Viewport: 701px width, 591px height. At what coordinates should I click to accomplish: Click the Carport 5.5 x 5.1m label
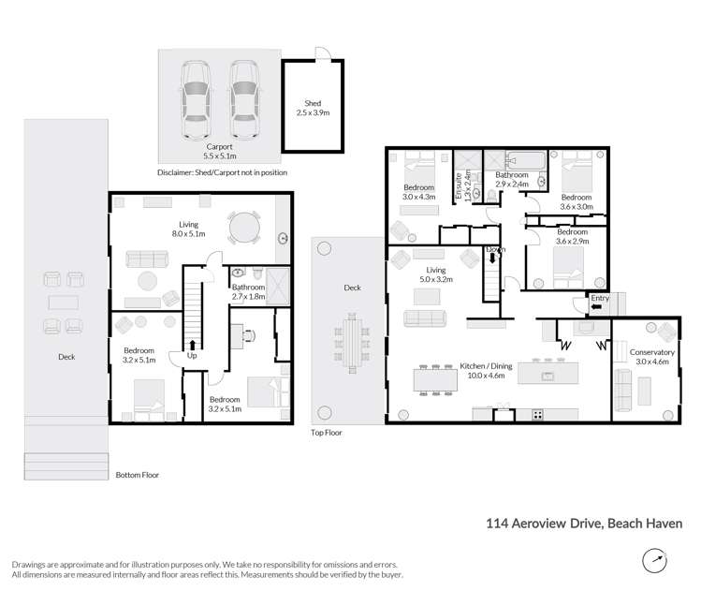click(219, 153)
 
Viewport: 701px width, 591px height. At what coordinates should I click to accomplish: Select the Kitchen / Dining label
click(482, 370)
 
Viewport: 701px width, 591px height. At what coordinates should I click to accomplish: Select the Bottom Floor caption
click(138, 475)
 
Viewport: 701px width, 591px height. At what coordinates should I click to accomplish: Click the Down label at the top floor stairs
click(495, 250)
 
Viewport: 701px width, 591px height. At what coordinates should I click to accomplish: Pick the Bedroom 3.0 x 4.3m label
click(419, 192)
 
